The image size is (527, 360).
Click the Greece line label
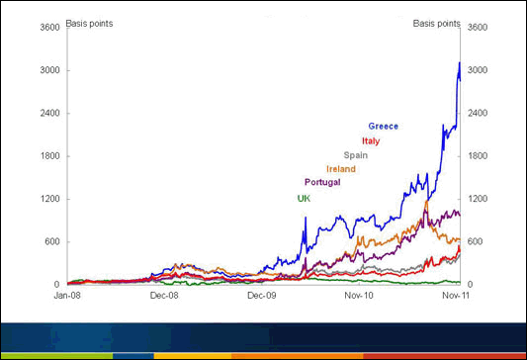point(384,127)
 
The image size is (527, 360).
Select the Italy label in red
point(371,140)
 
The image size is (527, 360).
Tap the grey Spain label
point(355,155)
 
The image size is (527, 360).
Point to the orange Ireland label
point(341,169)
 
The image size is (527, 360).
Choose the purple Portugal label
point(322,183)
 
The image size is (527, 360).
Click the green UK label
point(304,198)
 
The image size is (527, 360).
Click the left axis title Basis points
point(88,23)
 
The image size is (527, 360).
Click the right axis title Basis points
point(435,23)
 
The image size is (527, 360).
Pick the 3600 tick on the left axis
point(49,28)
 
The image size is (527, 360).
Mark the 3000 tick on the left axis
point(49,70)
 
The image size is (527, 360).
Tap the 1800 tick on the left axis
point(49,156)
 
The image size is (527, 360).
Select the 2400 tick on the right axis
point(479,113)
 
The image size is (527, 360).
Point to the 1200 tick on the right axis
point(479,199)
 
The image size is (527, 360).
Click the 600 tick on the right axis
point(477,241)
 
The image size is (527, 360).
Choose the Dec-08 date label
point(164,295)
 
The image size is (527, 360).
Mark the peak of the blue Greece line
point(459,63)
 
